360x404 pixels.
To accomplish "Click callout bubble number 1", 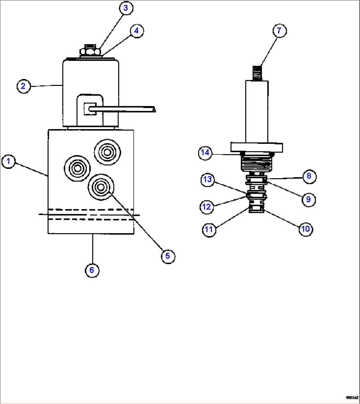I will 9,162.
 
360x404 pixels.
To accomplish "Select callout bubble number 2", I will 23,86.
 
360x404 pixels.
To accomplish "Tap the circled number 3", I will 126,8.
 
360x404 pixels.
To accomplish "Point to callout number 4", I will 137,31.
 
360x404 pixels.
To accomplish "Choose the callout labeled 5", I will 168,256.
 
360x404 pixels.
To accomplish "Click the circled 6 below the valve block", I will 92,270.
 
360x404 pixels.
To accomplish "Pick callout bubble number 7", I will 279,31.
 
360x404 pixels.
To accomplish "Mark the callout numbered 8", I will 309,176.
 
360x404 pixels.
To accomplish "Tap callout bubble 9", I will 308,199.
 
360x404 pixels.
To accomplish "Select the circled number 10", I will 306,228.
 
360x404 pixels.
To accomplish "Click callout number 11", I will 209,229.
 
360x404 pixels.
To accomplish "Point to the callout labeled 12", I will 206,207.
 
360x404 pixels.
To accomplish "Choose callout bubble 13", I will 207,180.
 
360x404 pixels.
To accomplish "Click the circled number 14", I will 205,153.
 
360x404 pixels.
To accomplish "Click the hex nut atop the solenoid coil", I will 90,52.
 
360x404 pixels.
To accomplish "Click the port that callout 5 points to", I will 100,187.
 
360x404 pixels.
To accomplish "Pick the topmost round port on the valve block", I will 107,152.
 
